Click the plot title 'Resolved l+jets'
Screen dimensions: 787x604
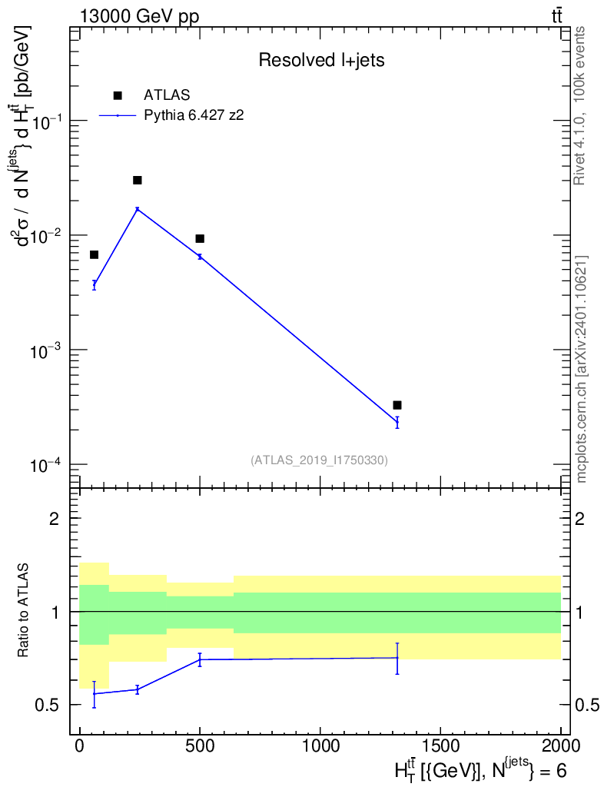point(321,61)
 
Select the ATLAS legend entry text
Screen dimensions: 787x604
point(167,95)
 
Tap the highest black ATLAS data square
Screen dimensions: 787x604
point(138,180)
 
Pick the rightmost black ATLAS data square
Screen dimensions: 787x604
point(397,405)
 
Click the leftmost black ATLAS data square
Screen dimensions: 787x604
point(94,254)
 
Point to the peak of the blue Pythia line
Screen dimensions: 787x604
point(138,209)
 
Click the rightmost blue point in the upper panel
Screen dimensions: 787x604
point(397,422)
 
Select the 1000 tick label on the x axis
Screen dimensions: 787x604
point(319,745)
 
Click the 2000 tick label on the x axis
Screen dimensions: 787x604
point(559,745)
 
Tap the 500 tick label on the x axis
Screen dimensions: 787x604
point(200,745)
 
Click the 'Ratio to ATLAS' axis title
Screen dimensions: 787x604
point(25,612)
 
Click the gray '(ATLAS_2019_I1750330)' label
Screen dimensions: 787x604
point(319,460)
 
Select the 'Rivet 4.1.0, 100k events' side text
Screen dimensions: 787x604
point(581,105)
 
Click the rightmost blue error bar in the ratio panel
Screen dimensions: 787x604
point(397,658)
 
